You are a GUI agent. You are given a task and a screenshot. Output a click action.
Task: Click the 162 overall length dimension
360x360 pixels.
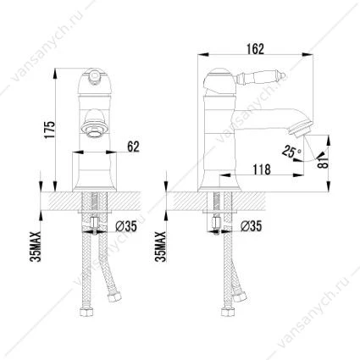[x=255, y=49]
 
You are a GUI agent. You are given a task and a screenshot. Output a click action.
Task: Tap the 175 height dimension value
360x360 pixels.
[x=49, y=130]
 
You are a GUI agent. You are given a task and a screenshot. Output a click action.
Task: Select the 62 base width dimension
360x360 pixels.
[x=133, y=147]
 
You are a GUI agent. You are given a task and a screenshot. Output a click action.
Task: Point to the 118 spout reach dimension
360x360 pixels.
[x=262, y=169]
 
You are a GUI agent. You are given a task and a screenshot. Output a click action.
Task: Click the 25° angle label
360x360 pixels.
[x=291, y=152]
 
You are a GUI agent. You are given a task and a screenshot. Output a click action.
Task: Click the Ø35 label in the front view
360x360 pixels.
[x=126, y=226]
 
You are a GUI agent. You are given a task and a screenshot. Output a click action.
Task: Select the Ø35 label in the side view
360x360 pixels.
[x=252, y=226]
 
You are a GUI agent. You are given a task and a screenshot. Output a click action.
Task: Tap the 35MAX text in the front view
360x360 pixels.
[x=36, y=246]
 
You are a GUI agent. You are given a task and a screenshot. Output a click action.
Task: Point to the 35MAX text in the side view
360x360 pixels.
[x=161, y=246]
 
